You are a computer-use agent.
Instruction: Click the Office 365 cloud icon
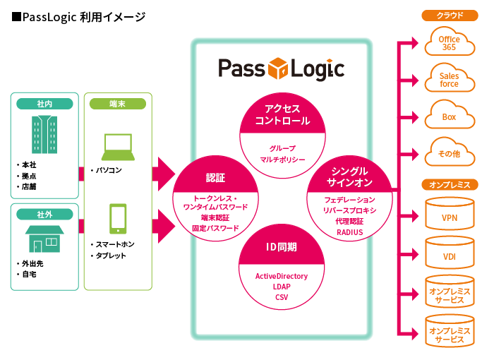point(449,43)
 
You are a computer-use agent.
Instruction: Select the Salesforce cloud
point(449,79)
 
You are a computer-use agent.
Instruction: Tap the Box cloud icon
point(449,116)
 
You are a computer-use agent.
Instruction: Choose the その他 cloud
point(449,152)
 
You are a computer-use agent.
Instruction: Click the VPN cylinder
point(449,217)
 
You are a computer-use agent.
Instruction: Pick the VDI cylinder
point(449,255)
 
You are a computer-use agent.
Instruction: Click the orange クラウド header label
point(449,15)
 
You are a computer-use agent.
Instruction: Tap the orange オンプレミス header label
point(449,185)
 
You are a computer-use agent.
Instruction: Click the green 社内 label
point(44,104)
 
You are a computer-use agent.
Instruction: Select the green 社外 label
point(44,214)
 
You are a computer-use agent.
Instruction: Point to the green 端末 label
point(118,104)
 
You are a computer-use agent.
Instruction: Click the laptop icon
point(118,146)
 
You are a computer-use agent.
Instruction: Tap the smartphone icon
point(118,219)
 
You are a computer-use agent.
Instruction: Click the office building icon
point(44,135)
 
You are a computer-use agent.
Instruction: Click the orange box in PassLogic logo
point(280,69)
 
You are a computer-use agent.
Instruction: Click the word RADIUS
point(349,232)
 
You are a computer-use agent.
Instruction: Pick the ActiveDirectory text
point(282,276)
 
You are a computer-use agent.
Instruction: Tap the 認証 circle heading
point(215,177)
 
